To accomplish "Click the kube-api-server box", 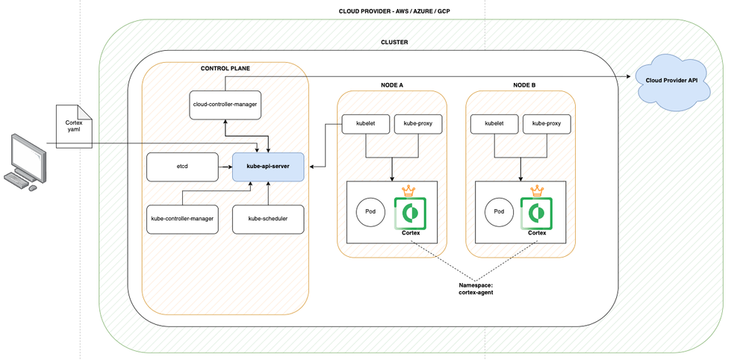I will point(267,166).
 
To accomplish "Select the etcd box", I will point(182,166).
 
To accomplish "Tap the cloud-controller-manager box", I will point(224,104).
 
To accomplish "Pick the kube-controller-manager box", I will point(182,219).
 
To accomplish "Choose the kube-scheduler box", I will point(267,219).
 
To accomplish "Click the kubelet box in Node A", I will point(365,123).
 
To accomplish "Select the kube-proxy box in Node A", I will point(417,123).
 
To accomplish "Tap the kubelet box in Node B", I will point(494,123).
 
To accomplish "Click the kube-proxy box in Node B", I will point(547,123).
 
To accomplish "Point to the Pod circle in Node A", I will point(370,211).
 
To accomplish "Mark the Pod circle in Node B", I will point(499,211).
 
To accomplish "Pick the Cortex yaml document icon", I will point(74,125).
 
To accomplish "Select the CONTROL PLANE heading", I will point(225,68).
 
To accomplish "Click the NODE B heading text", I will point(524,85).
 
